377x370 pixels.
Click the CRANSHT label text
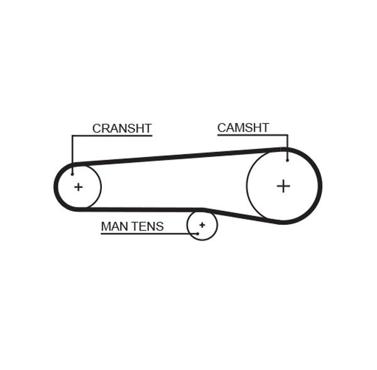(122, 128)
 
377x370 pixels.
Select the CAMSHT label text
(243, 128)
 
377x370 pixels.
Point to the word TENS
(147, 226)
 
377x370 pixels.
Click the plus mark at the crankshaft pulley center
(78, 187)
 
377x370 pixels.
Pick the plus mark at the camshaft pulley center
(283, 185)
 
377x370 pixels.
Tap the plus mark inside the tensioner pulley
(202, 224)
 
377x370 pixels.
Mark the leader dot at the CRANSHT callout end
(72, 174)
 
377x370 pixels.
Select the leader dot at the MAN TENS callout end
(197, 233)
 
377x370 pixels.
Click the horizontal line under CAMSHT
(251, 135)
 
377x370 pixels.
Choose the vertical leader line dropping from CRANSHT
(72, 154)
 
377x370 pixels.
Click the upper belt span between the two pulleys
(182, 156)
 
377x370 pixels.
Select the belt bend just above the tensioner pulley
(203, 209)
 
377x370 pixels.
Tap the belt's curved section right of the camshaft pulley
(319, 185)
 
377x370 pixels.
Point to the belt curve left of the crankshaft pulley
(56, 187)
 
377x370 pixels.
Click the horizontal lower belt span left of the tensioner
(138, 209)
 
